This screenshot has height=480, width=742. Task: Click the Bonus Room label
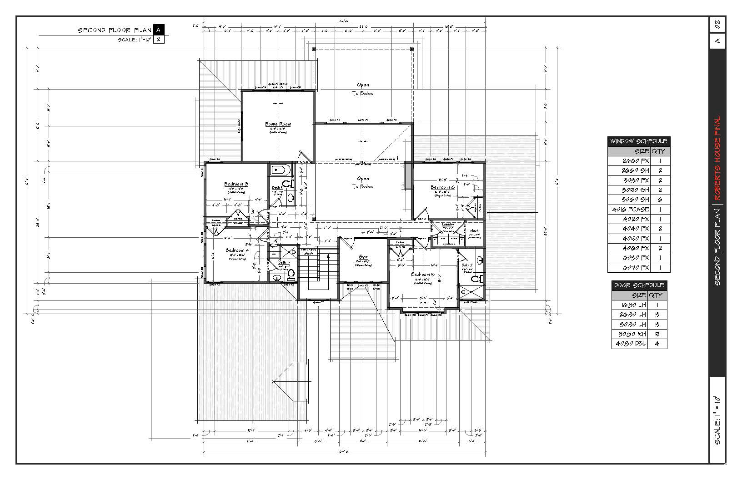tap(278, 124)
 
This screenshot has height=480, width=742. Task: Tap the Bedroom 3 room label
tap(236, 184)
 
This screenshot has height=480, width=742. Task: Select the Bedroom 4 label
tap(237, 250)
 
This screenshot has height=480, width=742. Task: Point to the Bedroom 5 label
tap(423, 275)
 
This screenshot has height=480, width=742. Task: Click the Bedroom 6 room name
tap(442, 187)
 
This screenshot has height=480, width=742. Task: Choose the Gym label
tap(363, 257)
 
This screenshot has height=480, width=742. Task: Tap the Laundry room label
tap(448, 225)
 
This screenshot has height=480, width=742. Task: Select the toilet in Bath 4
tap(291, 274)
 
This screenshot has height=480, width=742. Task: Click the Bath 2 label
tap(466, 265)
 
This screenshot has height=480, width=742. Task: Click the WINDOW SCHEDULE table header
tap(638, 141)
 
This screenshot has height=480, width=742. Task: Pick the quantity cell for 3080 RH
tap(657, 334)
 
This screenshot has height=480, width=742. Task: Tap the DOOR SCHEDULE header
tap(639, 285)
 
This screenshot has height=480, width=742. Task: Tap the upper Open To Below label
tap(363, 89)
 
